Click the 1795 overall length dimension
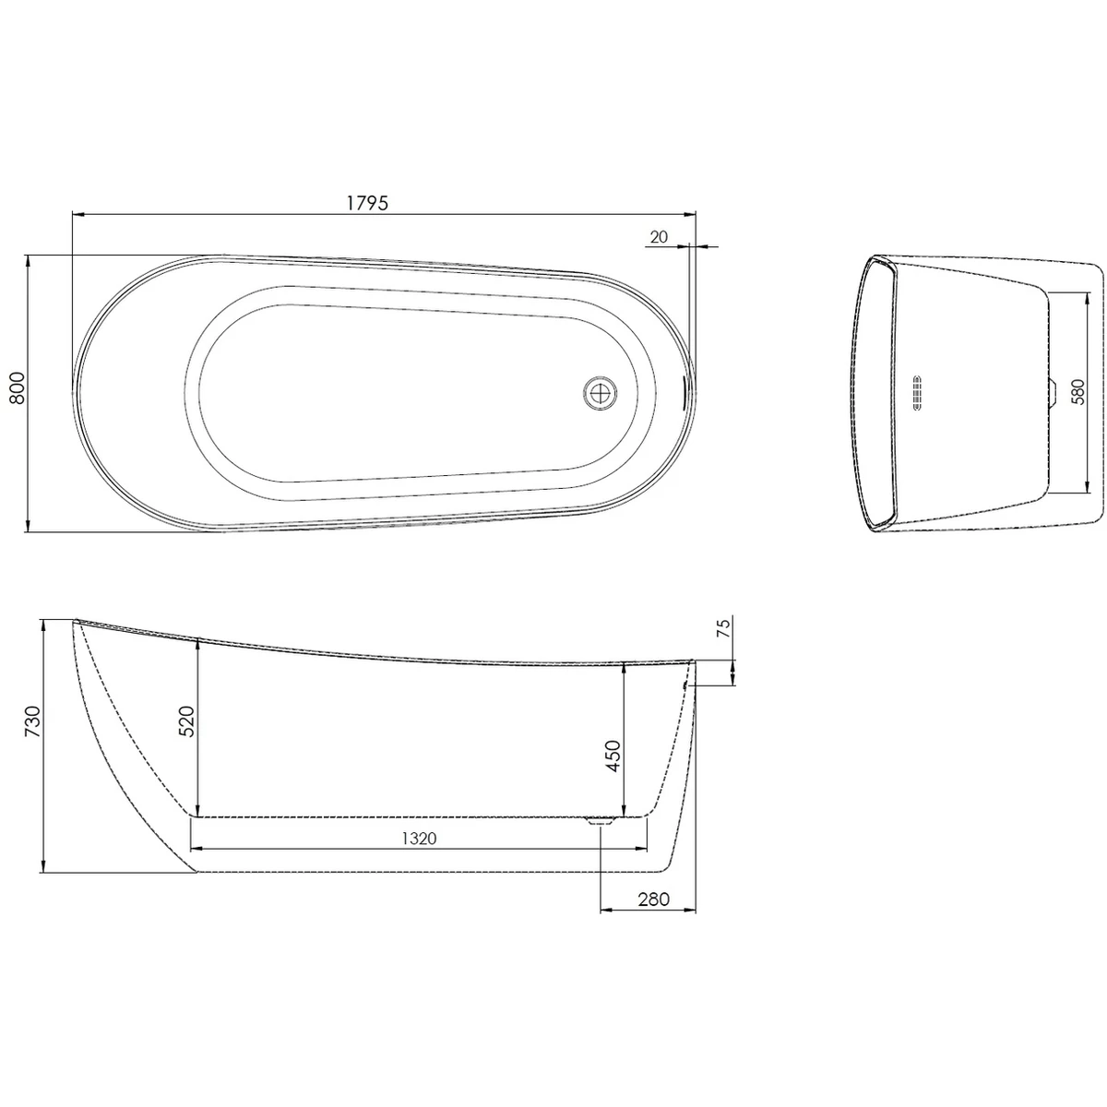[x=370, y=203]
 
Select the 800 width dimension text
[x=16, y=394]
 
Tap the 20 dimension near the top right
[x=659, y=237]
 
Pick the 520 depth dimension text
[x=184, y=720]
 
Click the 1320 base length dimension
[x=418, y=838]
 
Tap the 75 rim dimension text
[x=723, y=628]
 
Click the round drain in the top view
[x=601, y=393]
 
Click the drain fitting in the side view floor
[x=601, y=820]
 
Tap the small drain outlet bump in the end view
[x=1053, y=393]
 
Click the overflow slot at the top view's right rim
[x=684, y=393]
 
